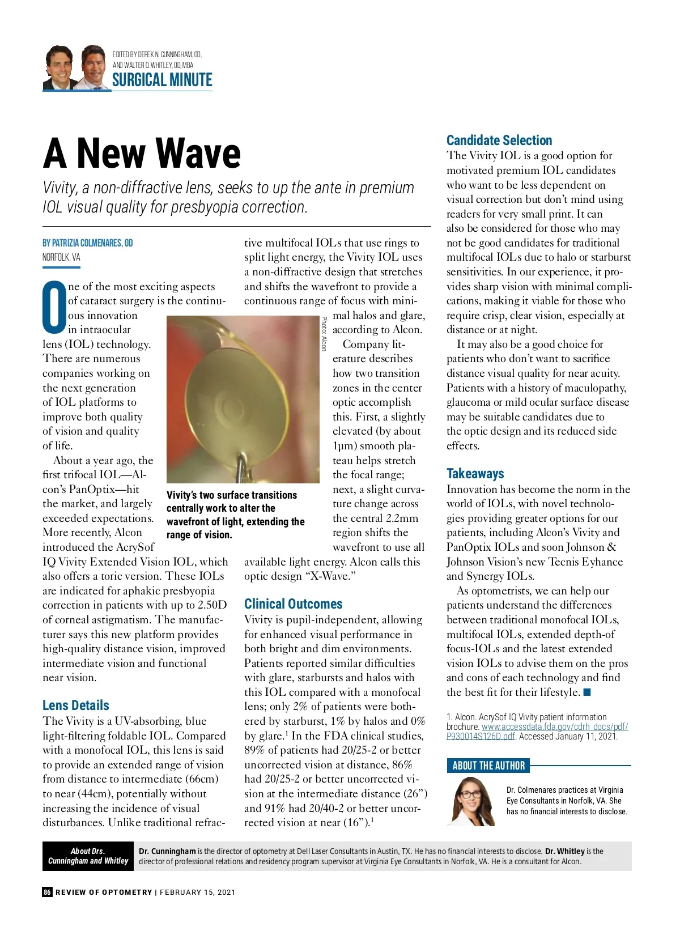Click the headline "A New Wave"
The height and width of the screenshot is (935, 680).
point(142,154)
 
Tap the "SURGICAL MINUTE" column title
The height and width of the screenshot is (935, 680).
point(162,80)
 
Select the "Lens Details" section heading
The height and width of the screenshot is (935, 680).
point(76,705)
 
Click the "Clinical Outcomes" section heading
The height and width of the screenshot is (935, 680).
point(293,604)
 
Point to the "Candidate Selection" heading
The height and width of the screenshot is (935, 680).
point(499,141)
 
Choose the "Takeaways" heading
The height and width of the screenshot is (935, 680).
point(475,474)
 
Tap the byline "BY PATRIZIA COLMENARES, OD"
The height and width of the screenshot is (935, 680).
point(88,243)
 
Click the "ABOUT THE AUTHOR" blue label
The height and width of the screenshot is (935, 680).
point(488,766)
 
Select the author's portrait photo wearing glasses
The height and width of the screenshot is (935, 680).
point(471,801)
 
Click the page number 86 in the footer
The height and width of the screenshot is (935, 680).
point(47,892)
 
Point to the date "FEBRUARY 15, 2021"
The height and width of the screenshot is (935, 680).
point(197,892)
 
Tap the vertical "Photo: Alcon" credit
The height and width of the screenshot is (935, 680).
point(324,333)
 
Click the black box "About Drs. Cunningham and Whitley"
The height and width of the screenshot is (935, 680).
point(88,856)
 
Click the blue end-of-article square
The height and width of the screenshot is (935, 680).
point(587,692)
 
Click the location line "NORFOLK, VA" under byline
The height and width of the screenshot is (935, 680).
point(61,257)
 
